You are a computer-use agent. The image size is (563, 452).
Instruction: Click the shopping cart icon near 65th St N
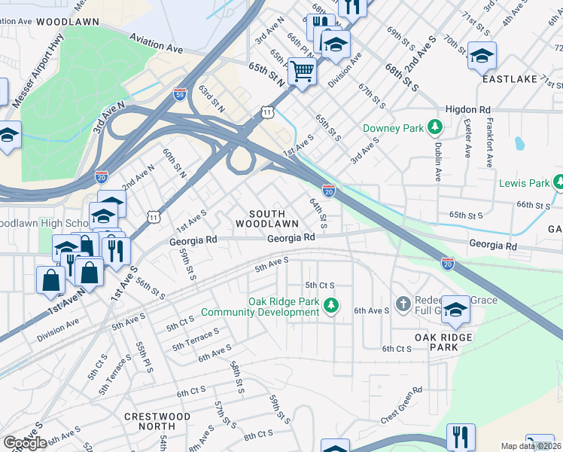(x=302, y=72)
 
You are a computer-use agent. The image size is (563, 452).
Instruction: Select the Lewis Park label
(x=525, y=183)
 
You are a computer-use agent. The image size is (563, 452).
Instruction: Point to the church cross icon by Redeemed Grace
(x=403, y=305)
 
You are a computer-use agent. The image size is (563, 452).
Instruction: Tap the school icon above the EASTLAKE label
(x=482, y=55)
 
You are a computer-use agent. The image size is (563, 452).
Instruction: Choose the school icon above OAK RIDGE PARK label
(x=455, y=309)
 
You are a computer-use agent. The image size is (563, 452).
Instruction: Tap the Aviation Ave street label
(x=156, y=42)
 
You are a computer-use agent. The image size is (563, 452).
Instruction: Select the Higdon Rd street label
(x=467, y=108)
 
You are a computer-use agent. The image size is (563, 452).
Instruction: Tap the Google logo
(x=25, y=443)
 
